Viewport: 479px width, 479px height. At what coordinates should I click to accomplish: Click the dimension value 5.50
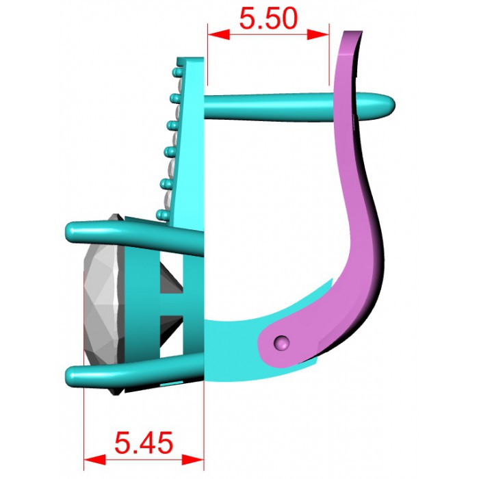click(x=268, y=18)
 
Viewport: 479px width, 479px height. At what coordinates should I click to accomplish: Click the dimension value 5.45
click(x=144, y=443)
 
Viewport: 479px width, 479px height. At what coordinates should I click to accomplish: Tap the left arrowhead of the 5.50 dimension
click(x=219, y=34)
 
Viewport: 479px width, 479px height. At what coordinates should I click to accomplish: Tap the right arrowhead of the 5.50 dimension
click(x=318, y=34)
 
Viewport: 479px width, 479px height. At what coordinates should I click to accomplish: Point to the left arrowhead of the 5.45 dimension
click(x=94, y=459)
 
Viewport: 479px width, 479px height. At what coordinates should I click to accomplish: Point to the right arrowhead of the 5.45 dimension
click(x=192, y=459)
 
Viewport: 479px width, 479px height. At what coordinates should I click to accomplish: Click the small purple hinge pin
click(x=282, y=343)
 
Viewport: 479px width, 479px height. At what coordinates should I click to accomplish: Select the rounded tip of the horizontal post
click(x=385, y=105)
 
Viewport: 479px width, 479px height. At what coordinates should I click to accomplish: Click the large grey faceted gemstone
click(x=104, y=305)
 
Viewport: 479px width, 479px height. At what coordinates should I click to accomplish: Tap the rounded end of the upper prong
click(x=71, y=232)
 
